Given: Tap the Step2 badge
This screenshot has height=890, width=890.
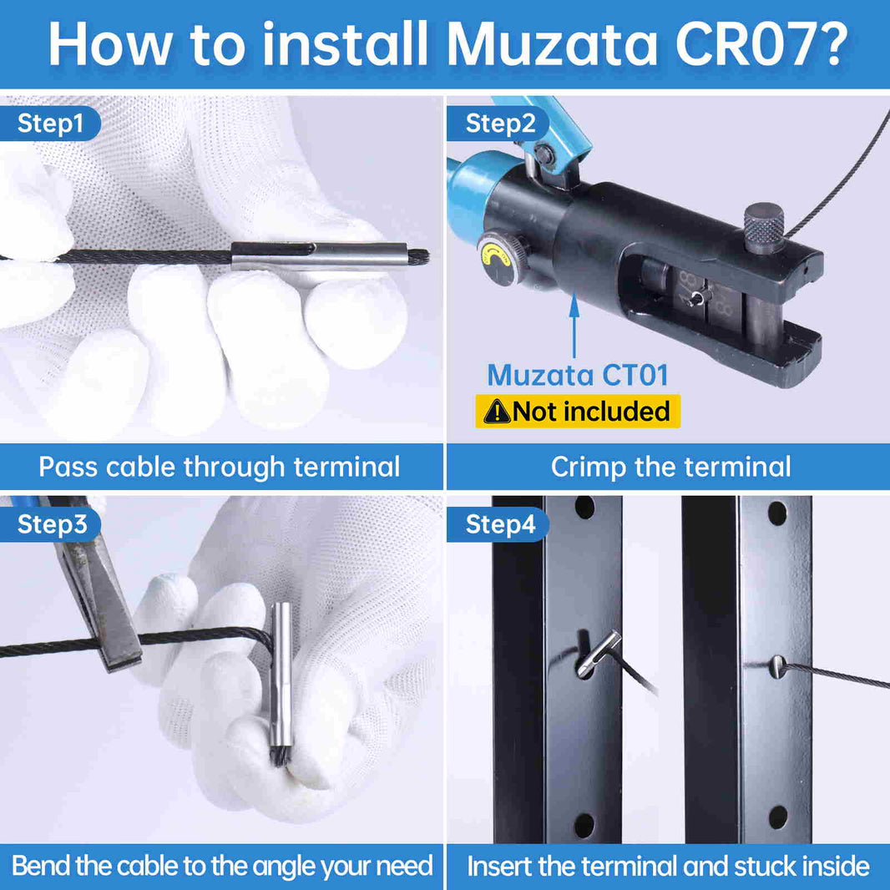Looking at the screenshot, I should (x=499, y=124).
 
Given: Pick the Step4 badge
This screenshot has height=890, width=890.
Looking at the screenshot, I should (x=499, y=524).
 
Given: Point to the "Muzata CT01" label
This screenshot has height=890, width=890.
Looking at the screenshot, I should (x=578, y=375).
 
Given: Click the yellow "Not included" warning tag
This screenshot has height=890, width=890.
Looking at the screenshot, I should (x=578, y=412).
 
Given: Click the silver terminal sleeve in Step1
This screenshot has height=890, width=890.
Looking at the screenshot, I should (x=320, y=255).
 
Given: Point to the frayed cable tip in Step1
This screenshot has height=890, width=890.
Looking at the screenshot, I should (x=419, y=256).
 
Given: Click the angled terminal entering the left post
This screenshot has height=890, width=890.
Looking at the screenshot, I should (x=597, y=653).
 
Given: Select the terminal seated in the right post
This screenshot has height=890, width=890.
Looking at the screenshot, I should (x=778, y=665).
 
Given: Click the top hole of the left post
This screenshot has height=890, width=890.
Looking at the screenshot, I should (x=584, y=508).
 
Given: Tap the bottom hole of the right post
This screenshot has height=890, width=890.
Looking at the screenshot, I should (x=777, y=817).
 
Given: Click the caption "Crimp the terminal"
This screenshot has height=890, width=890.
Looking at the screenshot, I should (x=670, y=467).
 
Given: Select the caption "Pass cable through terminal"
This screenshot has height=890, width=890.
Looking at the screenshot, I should (x=220, y=467).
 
